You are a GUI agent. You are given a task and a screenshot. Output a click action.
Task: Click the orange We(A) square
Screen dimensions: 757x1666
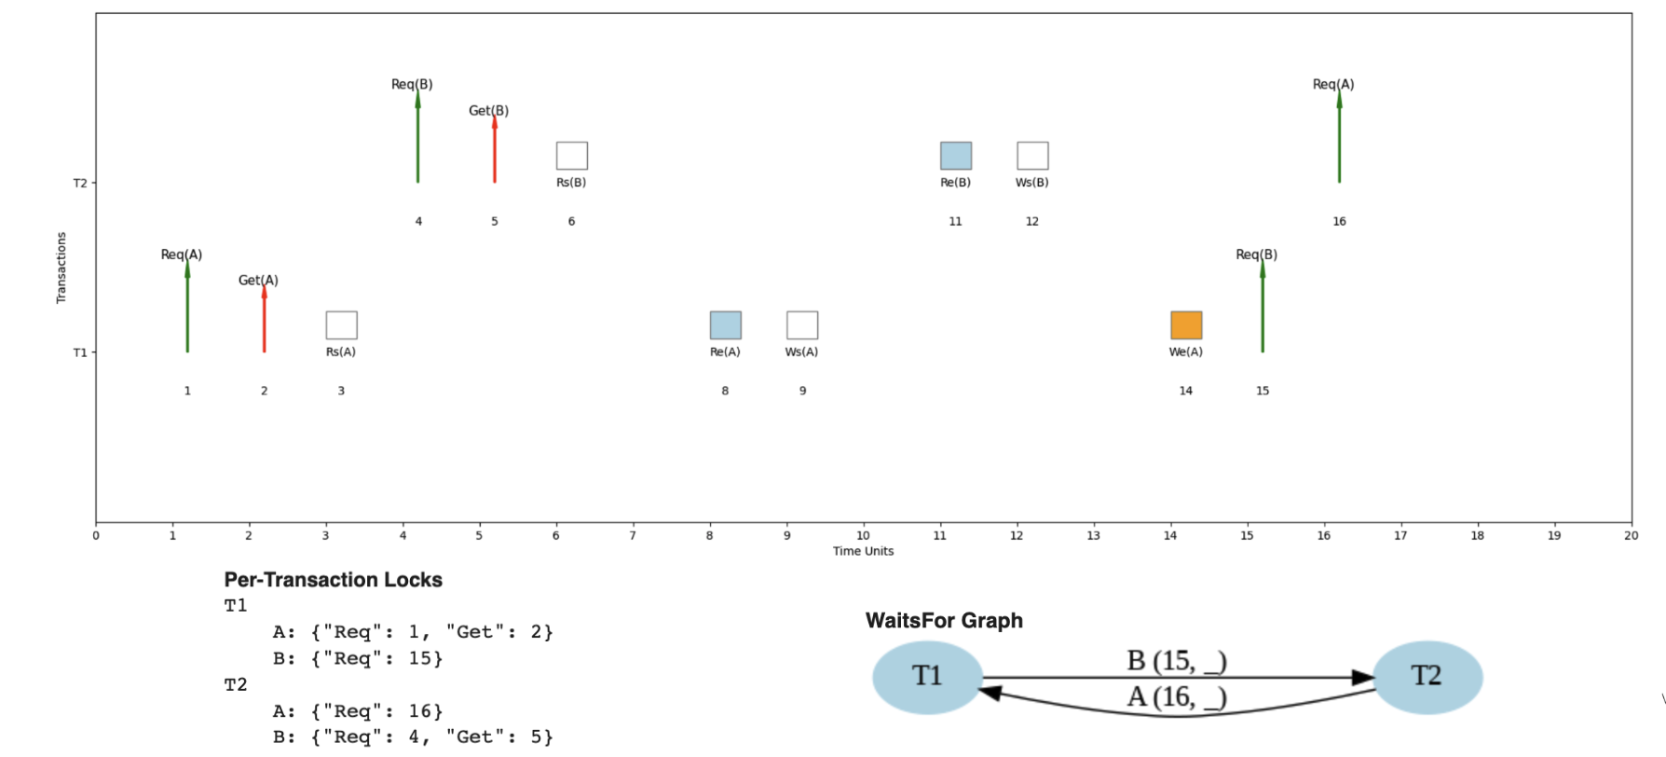(1186, 325)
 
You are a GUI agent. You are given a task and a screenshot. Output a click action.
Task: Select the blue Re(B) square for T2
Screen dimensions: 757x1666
(956, 156)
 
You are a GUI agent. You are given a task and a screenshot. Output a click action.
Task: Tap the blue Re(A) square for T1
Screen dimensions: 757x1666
(726, 325)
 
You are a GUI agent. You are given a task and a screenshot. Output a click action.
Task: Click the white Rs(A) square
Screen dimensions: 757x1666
(342, 325)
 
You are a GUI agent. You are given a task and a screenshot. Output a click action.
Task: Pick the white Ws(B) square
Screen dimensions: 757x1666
(1032, 156)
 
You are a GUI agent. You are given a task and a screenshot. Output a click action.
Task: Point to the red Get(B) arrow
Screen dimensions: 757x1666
(495, 149)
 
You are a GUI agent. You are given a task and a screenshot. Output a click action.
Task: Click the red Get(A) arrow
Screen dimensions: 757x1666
(265, 319)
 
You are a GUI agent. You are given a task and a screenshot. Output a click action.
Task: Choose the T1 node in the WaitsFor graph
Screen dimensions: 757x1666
(927, 677)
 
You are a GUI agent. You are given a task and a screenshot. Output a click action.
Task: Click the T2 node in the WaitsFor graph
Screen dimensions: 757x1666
(1427, 677)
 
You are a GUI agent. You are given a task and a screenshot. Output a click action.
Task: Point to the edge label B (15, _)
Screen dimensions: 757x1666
(1176, 661)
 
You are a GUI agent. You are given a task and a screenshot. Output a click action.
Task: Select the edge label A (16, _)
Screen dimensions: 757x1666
(1176, 696)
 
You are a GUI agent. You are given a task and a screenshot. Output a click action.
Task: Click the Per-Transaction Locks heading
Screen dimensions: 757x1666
(333, 580)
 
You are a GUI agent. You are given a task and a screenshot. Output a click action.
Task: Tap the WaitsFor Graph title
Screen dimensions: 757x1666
(944, 621)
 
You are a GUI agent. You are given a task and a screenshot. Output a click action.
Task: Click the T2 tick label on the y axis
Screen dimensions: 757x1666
(80, 183)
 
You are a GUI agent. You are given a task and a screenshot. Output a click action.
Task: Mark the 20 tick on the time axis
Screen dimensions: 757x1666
(1631, 535)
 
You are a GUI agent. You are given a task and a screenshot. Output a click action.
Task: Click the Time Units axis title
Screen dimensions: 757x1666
(863, 551)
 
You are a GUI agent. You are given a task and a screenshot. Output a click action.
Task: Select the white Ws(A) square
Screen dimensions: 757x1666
(802, 325)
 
